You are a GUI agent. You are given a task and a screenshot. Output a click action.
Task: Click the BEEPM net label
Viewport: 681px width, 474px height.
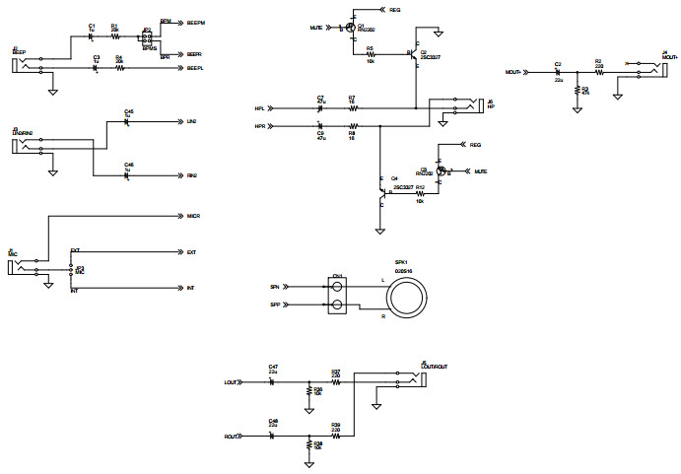(195, 22)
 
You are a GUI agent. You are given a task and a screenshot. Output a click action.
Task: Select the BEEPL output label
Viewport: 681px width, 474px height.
(195, 68)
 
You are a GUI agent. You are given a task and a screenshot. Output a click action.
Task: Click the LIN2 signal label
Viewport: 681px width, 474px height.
(191, 122)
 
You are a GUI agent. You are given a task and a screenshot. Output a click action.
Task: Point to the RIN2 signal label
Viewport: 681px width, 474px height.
(191, 175)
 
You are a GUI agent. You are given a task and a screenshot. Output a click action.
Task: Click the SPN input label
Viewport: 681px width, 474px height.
(275, 286)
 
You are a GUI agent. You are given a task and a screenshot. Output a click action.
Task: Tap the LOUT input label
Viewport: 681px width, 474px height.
(232, 381)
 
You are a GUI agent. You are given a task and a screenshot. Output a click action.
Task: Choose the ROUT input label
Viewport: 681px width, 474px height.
(232, 436)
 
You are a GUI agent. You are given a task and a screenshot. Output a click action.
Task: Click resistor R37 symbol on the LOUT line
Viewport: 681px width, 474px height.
(336, 381)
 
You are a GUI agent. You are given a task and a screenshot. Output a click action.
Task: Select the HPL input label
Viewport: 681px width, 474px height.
(259, 107)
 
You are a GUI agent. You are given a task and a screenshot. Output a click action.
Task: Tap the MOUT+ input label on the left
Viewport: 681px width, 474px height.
(511, 72)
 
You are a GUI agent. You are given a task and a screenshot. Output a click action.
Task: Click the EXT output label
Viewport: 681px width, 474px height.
(191, 252)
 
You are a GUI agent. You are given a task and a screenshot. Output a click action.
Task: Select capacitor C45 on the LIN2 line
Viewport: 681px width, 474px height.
(127, 122)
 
